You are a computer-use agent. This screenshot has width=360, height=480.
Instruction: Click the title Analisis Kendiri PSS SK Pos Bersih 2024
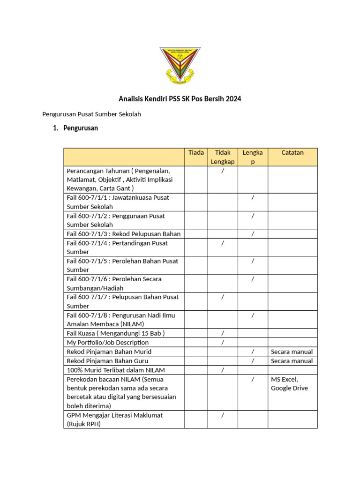coord(180,99)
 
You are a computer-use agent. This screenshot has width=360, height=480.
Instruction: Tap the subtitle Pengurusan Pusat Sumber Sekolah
coord(91,114)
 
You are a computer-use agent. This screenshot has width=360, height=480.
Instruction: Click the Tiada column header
coord(196,152)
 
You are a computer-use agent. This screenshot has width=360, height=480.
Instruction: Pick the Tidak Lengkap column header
coord(222,157)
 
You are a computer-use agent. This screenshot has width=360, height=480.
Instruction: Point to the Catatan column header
coord(292,152)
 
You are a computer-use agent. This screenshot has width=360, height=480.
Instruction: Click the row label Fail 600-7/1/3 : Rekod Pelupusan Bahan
coord(123,234)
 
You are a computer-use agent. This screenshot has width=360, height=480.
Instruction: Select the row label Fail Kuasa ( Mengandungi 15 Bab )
coord(116,333)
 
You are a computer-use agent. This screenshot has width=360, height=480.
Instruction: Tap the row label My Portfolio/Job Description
coord(108,342)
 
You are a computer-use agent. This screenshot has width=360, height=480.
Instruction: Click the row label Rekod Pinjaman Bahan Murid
coord(109,352)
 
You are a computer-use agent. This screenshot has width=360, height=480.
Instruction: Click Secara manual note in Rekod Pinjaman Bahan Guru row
coord(292,361)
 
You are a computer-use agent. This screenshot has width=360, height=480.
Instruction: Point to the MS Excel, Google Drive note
coord(289,383)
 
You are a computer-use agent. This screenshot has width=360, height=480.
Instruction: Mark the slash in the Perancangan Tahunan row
coord(223,171)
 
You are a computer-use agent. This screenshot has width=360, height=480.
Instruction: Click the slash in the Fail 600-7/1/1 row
coord(253,198)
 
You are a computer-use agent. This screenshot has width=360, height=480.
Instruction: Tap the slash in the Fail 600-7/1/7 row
coord(223,297)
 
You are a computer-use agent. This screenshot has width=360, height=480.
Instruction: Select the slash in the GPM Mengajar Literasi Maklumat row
coord(223,415)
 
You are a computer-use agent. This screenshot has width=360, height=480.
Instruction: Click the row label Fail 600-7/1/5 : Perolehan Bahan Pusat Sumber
coord(122,265)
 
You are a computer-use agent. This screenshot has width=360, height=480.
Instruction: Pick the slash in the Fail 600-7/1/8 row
coord(253,315)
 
